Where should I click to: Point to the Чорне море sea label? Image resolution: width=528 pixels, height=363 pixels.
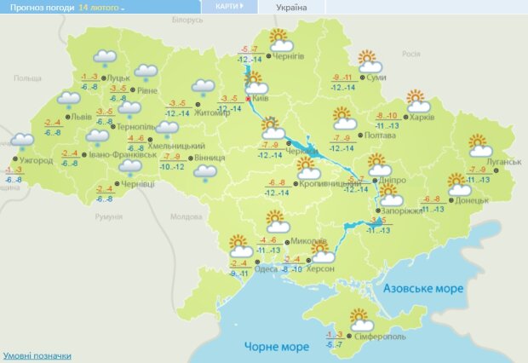pos(276,346)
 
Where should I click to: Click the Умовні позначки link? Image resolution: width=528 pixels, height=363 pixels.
pos(37,355)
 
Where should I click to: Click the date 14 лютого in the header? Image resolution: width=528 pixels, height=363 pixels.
pos(99,7)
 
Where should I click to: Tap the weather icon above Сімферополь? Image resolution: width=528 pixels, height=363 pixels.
pos(362,319)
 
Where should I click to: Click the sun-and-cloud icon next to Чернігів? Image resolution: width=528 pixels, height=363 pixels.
pos(280,40)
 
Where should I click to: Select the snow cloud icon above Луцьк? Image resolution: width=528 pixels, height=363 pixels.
pos(104,58)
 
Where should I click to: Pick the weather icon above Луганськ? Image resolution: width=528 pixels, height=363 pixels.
pos(477,144)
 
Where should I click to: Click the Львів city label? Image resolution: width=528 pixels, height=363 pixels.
pos(81,118)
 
